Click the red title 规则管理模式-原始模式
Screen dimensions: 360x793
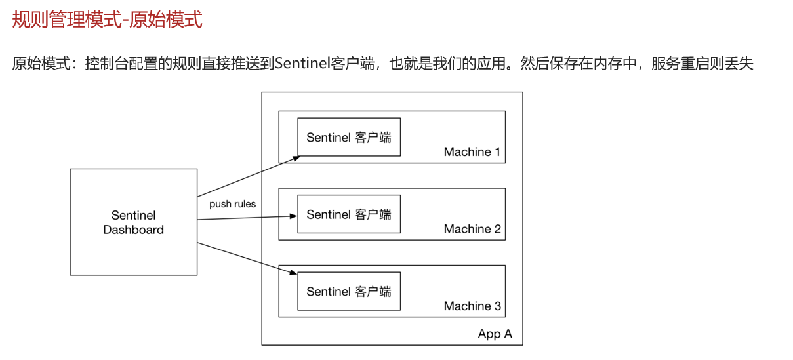(108, 20)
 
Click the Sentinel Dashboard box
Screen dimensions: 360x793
(133, 222)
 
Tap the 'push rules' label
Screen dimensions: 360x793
(232, 204)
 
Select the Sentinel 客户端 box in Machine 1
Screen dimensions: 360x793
(348, 138)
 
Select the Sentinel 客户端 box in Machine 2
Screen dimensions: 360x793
(348, 214)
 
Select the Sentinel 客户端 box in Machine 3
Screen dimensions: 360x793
(348, 291)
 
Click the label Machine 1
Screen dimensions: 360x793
(472, 152)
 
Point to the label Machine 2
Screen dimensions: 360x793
(472, 229)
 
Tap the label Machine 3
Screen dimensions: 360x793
(472, 306)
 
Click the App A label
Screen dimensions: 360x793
(495, 334)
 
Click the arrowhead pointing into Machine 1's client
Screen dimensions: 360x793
(296, 157)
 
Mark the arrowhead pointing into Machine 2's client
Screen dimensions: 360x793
(294, 215)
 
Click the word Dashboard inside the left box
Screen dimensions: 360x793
(133, 230)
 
